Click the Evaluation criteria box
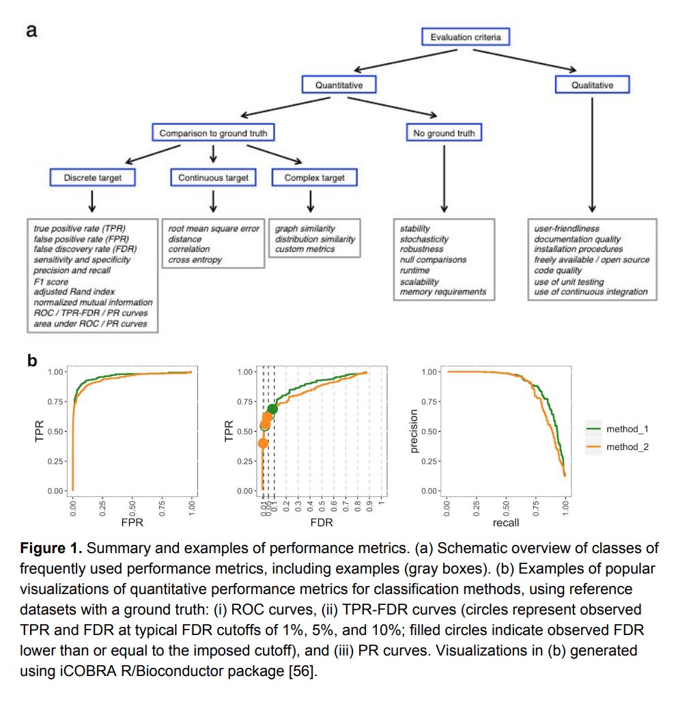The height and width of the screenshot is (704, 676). click(465, 37)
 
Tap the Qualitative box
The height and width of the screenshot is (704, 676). click(592, 85)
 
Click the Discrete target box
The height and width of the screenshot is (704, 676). click(92, 178)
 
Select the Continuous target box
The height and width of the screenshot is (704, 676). click(213, 178)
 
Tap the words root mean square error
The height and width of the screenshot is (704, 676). click(214, 229)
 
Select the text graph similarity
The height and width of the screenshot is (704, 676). click(305, 229)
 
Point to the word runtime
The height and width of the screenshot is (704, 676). click(415, 271)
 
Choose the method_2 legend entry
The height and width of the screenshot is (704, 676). click(619, 447)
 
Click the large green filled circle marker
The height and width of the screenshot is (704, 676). click(272, 409)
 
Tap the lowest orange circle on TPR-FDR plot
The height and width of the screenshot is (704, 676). click(263, 443)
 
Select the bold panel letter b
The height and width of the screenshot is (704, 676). click(31, 360)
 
